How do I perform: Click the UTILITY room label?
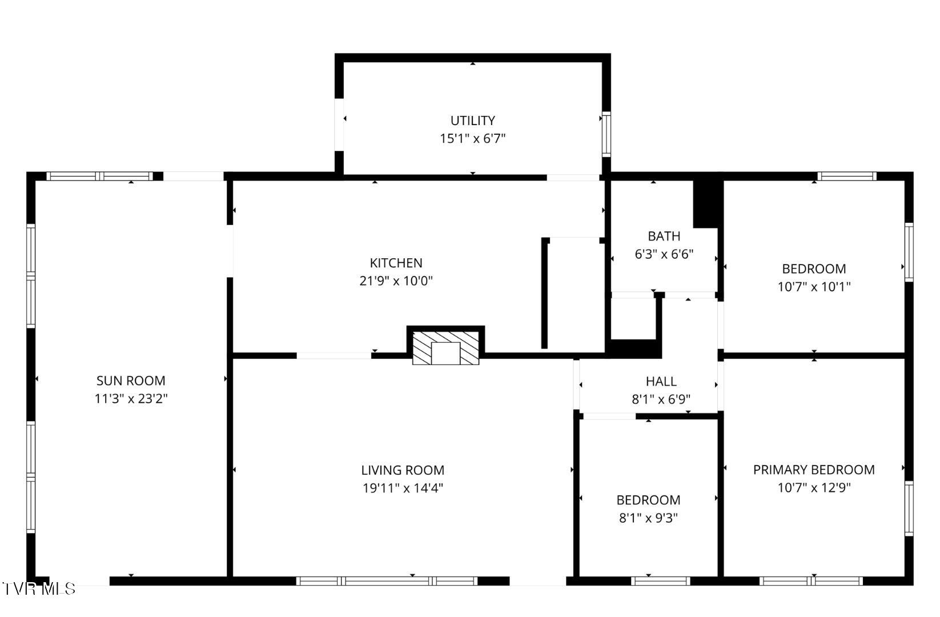[x=472, y=121]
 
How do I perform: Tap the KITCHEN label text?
[x=396, y=263]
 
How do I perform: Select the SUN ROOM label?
[x=131, y=380]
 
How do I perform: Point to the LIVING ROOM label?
[x=403, y=470]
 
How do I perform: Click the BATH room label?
[x=664, y=236]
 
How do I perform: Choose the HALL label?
[x=661, y=381]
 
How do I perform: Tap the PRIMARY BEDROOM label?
[x=813, y=470]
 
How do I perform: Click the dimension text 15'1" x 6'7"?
[x=472, y=138]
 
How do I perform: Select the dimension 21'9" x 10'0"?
[x=396, y=281]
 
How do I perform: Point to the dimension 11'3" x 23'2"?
[x=131, y=399]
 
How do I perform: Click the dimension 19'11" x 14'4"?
[x=403, y=488]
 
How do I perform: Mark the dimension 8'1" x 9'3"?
[x=648, y=518]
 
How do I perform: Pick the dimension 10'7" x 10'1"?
[x=814, y=286]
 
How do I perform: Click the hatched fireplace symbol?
[x=445, y=347]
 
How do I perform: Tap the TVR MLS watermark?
[x=39, y=588]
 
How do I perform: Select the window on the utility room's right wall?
[x=606, y=134]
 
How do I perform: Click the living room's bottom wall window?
[x=387, y=581]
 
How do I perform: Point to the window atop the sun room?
[x=99, y=176]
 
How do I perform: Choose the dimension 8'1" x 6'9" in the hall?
[x=661, y=399]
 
